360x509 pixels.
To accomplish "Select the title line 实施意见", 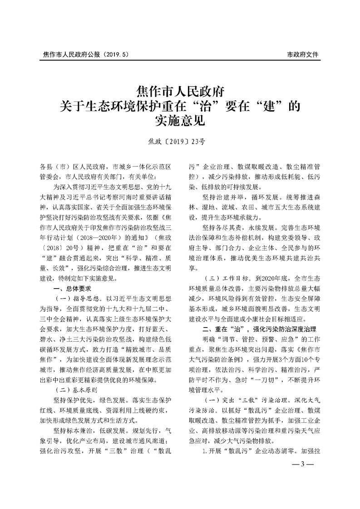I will coord(180,121).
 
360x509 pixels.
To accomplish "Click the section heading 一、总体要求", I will coord(73,288).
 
